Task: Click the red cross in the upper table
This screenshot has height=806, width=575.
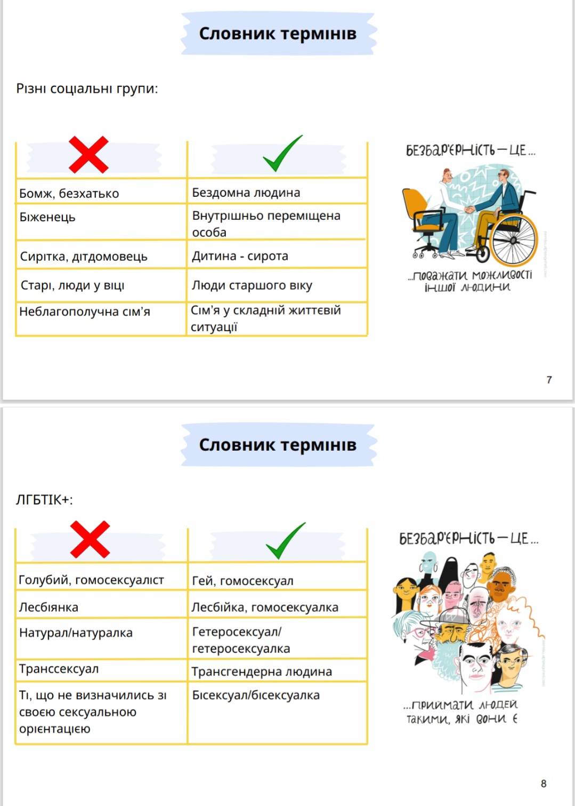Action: tap(88, 155)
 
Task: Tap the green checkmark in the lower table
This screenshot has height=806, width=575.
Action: tap(286, 541)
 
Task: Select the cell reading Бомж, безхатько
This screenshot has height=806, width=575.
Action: tap(101, 191)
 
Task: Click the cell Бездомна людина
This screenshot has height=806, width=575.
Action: tap(277, 191)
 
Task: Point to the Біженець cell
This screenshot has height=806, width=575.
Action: tap(101, 222)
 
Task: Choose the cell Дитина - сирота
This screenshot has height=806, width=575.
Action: tap(277, 254)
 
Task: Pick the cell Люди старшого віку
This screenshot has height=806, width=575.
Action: tap(277, 285)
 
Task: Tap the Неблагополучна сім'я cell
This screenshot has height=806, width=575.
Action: tap(101, 319)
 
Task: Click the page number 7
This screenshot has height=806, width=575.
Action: tap(549, 380)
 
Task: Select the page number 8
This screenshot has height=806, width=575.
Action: tap(544, 784)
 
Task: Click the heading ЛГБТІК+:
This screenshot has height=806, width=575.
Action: tap(44, 500)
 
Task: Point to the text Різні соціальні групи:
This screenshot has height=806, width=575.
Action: tap(87, 89)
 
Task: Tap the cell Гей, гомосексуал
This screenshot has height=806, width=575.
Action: tap(277, 576)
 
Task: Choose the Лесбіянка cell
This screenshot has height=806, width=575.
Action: tap(101, 604)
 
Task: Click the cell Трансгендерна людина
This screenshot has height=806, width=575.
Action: tap(277, 670)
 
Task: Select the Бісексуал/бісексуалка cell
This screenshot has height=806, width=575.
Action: tap(277, 713)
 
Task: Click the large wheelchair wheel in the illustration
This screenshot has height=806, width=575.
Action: tap(513, 240)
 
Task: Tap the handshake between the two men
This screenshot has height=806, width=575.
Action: tap(469, 209)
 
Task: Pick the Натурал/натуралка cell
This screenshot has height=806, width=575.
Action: tap(101, 639)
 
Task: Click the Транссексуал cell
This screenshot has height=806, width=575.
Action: tap(101, 670)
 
